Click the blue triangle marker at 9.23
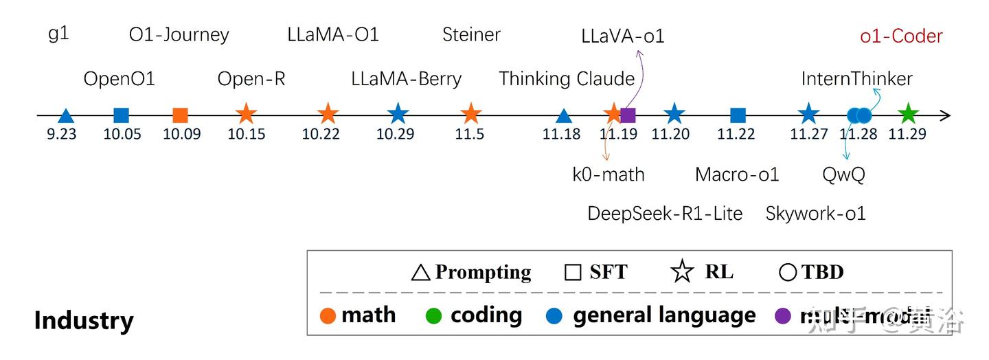point(65,116)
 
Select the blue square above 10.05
point(122,115)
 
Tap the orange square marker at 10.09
point(181,115)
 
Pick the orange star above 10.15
point(246,115)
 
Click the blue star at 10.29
point(398,115)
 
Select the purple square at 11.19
point(628,115)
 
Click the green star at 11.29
point(908,115)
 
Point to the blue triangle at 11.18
point(563,116)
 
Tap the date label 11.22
point(736,134)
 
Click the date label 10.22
point(321,134)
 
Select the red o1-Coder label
point(901,36)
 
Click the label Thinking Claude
point(567,79)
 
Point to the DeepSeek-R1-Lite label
point(665,214)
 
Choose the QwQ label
point(843,175)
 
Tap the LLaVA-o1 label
point(622,36)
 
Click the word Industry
point(84,321)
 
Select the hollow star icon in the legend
point(682,272)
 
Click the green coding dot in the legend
point(433,316)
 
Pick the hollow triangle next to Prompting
point(420,273)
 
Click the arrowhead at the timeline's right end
point(946,115)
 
